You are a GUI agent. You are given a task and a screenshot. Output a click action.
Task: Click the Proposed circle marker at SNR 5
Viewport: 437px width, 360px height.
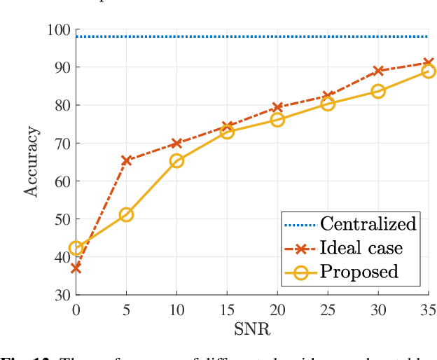pos(126,214)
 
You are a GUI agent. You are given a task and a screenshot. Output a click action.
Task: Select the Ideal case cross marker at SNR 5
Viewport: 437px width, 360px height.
pos(126,160)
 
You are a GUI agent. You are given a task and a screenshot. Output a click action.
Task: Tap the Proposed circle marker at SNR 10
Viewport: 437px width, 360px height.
pos(176,160)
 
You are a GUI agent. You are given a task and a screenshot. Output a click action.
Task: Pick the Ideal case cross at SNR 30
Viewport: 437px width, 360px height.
pos(378,71)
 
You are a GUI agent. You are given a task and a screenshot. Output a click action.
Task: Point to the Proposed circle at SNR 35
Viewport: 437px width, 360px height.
pos(429,71)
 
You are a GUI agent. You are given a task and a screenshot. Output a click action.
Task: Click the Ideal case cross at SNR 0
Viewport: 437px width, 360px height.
pos(76,268)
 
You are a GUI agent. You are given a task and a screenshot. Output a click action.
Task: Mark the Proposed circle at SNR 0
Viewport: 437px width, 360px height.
pos(76,248)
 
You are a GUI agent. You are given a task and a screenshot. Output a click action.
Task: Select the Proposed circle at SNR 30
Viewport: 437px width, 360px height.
pos(378,91)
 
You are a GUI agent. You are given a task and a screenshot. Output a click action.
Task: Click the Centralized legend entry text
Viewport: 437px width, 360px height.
pos(368,224)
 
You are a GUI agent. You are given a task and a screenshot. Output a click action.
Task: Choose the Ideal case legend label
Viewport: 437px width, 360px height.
pos(361,248)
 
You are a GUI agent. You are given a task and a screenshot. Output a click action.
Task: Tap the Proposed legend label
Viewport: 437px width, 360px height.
pos(359,272)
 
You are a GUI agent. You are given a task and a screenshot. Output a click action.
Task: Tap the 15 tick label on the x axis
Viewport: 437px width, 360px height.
pos(227,309)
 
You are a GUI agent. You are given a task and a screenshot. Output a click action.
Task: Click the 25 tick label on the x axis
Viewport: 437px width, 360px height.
pos(328,309)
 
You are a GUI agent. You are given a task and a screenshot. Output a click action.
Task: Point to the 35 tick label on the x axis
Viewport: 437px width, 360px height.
pos(427,309)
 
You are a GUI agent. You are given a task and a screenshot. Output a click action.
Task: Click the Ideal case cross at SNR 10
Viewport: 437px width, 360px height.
pos(176,143)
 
